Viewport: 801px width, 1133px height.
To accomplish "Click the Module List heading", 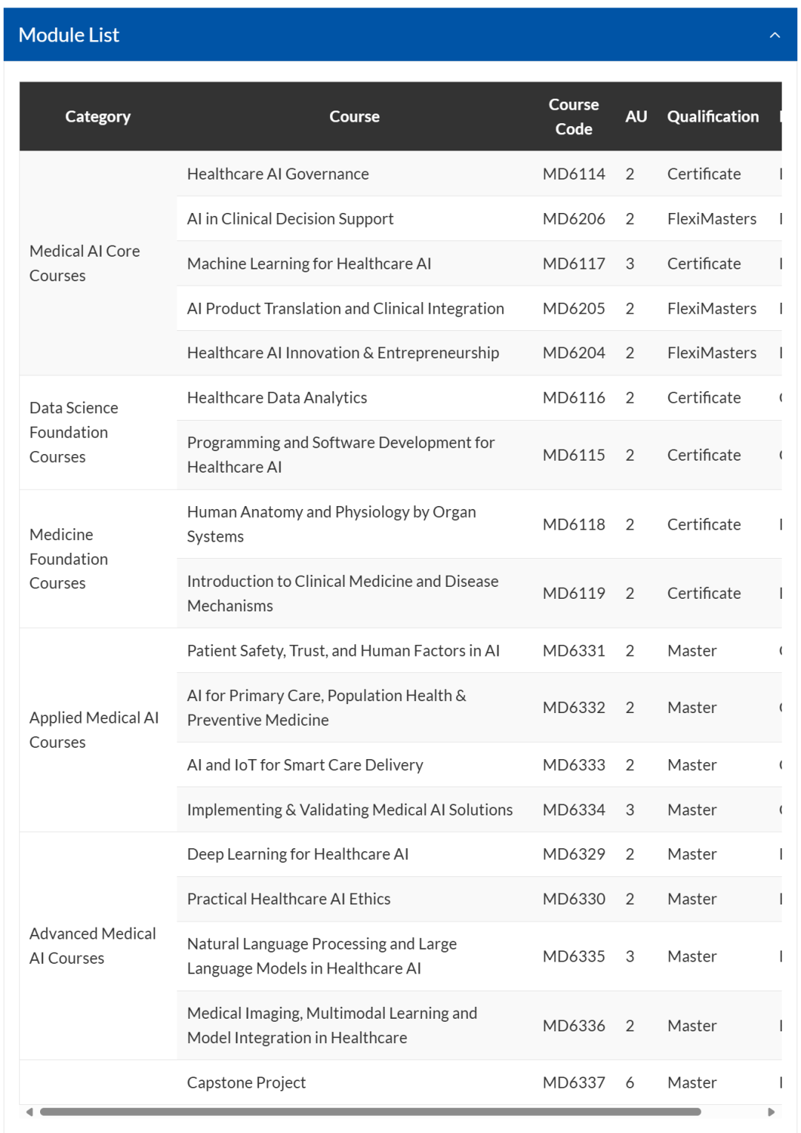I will pos(69,35).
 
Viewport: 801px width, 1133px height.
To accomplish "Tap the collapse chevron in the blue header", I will pos(775,35).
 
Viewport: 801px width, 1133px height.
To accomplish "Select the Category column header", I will pos(98,116).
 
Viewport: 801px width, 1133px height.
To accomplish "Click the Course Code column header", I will pos(573,116).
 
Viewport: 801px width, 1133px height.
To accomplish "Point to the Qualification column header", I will pos(713,116).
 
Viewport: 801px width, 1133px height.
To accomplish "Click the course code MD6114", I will pos(573,174).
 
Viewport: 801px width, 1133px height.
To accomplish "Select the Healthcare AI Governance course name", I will pos(277,174).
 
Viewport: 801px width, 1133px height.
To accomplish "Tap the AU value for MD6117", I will pos(630,263).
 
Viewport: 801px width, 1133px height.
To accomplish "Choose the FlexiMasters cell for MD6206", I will pos(711,219).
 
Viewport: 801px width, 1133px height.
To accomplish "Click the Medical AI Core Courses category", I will pos(85,263).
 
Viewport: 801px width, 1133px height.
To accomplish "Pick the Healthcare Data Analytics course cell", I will pos(277,398).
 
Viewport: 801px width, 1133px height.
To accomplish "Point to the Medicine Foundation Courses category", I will pos(69,559).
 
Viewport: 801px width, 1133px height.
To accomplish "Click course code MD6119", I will pos(573,593).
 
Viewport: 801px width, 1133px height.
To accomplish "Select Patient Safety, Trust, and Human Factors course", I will pos(343,651).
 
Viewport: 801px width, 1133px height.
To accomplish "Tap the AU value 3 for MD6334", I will pos(630,809).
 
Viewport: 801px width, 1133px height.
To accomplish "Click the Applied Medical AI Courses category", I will pos(93,729).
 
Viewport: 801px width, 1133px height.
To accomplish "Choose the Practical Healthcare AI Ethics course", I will pos(289,899).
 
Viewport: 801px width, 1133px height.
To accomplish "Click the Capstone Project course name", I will pos(246,1083).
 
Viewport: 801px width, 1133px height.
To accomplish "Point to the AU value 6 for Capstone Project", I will pos(630,1083).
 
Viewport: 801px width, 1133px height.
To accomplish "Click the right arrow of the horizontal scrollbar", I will pos(771,1111).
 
